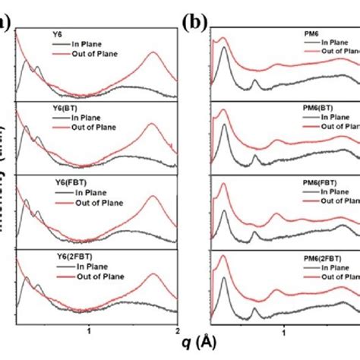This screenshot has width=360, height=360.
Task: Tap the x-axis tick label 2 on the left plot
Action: click(x=175, y=332)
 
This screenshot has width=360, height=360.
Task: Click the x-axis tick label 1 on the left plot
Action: click(x=90, y=332)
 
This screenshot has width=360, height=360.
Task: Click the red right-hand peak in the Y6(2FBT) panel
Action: click(x=153, y=267)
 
